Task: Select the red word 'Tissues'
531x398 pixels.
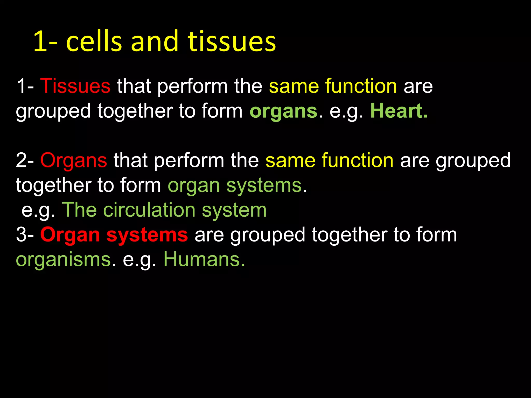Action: (75, 86)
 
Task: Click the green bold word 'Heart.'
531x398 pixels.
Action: (399, 111)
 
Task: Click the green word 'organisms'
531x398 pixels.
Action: (63, 260)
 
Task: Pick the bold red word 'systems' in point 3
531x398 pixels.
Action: (147, 235)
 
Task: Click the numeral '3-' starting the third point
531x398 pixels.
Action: (25, 235)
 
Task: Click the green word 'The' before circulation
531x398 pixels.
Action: (79, 210)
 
